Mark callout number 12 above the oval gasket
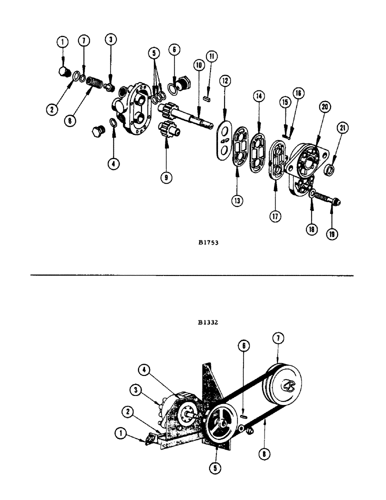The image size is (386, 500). click(x=224, y=80)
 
